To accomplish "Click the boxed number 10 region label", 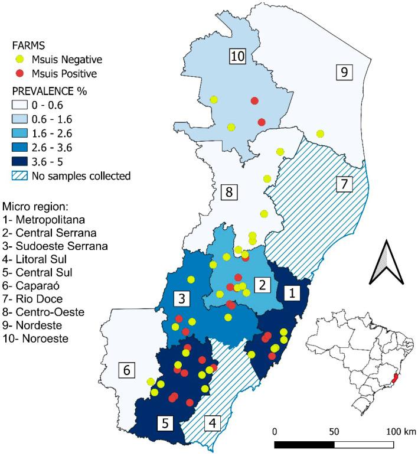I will click(x=237, y=57).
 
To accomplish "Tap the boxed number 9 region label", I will click(x=344, y=72).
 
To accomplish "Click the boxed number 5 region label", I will click(x=165, y=422).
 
